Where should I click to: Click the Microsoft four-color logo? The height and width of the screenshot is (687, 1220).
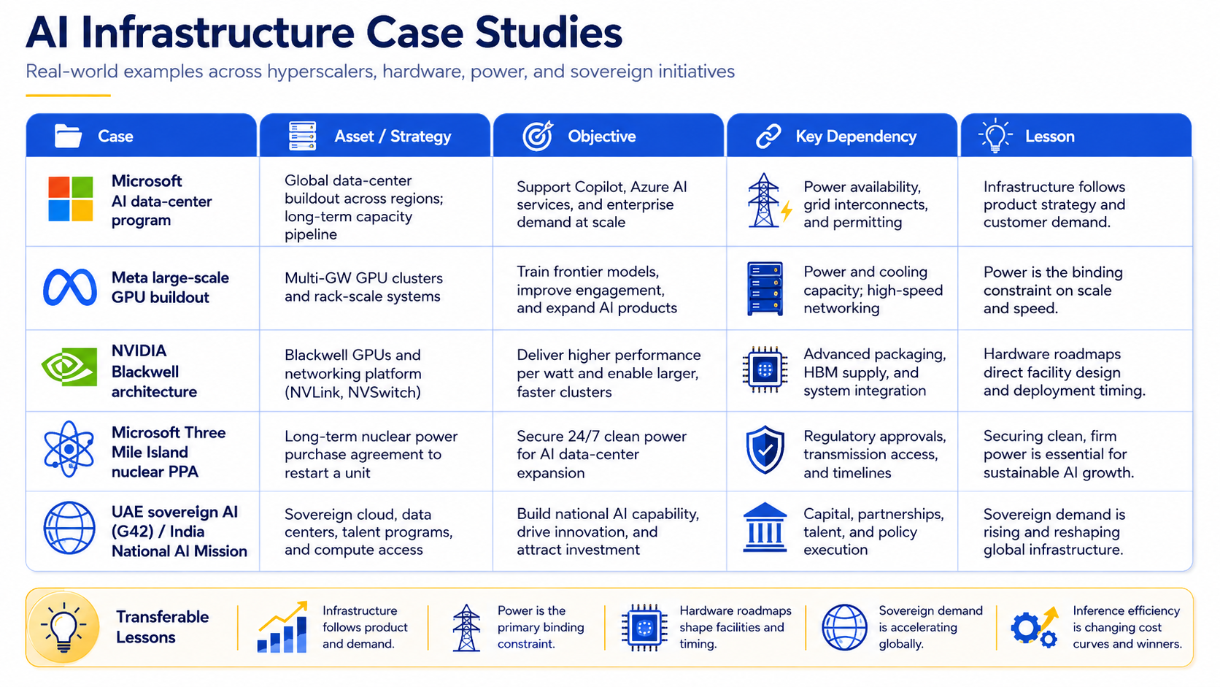[70, 199]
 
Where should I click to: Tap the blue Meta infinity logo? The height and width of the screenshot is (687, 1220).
[70, 287]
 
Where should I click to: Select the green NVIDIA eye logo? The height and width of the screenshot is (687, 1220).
[69, 366]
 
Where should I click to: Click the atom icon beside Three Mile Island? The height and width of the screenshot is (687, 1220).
[69, 450]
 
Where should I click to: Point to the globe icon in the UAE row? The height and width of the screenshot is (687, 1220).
[69, 528]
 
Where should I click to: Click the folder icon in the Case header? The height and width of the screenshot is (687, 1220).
[68, 136]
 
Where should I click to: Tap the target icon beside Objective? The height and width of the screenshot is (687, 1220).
[538, 136]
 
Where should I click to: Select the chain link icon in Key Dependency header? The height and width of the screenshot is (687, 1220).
[768, 137]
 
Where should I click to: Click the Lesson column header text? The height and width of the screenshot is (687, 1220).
[1049, 137]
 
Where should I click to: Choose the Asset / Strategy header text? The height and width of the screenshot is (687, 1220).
[393, 137]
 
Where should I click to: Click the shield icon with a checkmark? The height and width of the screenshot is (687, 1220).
[765, 450]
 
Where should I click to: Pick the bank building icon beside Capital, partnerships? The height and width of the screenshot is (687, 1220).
[765, 527]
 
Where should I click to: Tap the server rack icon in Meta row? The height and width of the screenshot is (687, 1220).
[765, 289]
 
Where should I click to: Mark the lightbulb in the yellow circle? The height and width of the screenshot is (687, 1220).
[64, 627]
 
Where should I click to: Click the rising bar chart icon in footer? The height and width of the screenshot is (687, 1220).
[282, 627]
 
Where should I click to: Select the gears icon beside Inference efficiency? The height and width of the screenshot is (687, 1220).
[1034, 627]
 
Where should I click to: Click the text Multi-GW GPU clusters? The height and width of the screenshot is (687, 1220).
[363, 278]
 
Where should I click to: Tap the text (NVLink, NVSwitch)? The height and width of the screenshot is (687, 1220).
[352, 392]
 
